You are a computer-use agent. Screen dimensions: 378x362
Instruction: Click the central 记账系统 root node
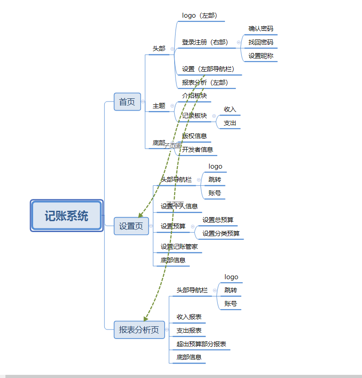[67, 216]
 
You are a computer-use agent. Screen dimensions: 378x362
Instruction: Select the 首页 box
[127, 102]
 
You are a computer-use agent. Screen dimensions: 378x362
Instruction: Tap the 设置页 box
[131, 226]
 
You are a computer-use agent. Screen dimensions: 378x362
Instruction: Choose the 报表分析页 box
[139, 330]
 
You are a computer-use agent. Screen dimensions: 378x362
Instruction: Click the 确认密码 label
[261, 29]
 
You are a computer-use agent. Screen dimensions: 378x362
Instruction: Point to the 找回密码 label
[261, 42]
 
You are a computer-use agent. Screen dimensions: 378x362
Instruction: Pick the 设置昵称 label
[261, 56]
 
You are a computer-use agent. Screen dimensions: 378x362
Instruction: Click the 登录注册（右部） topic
[205, 42]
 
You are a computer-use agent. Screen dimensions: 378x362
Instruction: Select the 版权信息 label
[195, 136]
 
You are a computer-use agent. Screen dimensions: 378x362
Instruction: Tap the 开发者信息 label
[197, 149]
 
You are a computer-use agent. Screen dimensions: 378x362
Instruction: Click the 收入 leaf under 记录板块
[230, 109]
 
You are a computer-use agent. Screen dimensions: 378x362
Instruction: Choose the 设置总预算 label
[218, 220]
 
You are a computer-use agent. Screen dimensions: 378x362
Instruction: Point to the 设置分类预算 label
[221, 233]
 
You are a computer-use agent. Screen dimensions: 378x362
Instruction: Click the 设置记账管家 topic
[179, 247]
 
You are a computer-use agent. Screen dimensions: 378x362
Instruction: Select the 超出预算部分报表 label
[201, 344]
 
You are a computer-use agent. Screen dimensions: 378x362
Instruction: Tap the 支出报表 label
[189, 330]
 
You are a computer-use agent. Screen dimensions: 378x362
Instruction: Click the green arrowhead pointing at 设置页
[141, 215]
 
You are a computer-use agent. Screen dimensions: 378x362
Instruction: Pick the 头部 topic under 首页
[159, 48]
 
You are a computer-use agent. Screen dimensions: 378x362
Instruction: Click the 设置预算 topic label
[173, 226]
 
